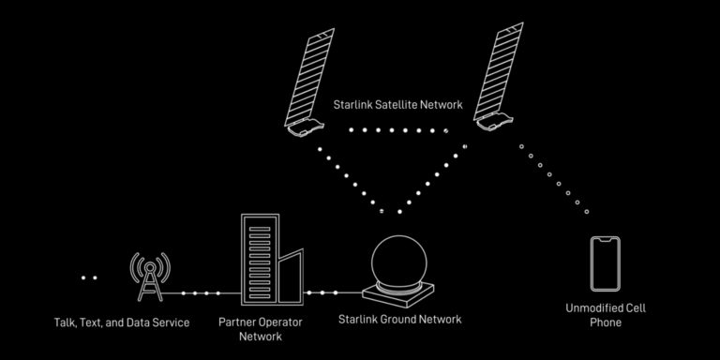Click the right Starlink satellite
pos(498,79)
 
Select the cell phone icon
pos(606,264)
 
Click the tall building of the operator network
pos(260,261)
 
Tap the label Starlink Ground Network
pos(399,320)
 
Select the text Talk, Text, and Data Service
pos(122,322)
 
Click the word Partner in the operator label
pos(237,322)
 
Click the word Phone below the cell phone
pos(606,322)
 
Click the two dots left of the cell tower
pos(88,277)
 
